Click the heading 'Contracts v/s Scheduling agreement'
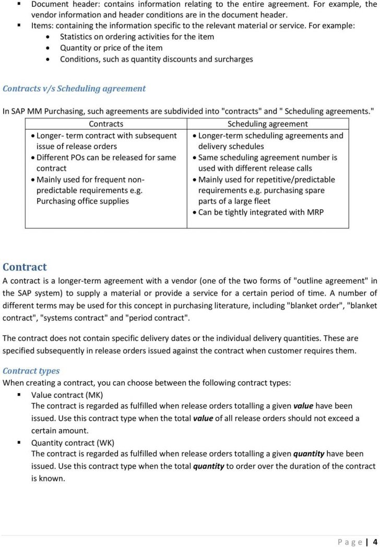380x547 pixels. point(74,89)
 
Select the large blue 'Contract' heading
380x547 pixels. point(25,267)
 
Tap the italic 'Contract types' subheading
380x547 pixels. point(31,371)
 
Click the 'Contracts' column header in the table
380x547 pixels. point(106,124)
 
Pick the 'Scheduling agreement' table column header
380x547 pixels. point(267,124)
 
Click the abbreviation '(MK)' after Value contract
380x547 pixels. point(94,395)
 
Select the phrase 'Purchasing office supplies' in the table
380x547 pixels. point(82,201)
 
